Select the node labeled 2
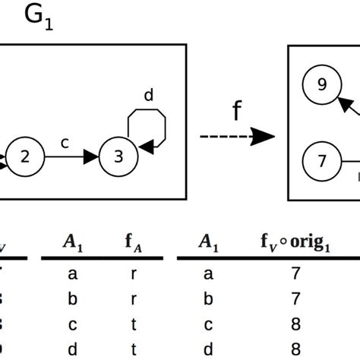(x=26, y=157)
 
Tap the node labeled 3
(x=118, y=157)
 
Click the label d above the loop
(x=148, y=96)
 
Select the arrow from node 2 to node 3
(x=71, y=157)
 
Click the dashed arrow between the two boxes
(x=236, y=136)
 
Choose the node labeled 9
(x=321, y=86)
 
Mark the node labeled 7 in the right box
(x=321, y=160)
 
